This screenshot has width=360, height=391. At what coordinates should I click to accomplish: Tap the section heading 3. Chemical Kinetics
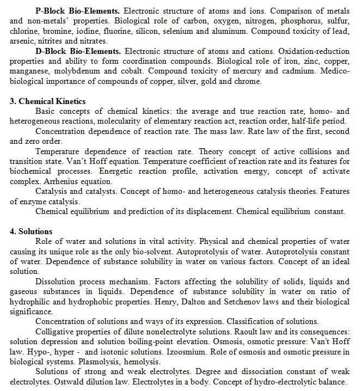(48, 101)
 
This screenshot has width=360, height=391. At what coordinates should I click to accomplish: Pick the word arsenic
(22, 41)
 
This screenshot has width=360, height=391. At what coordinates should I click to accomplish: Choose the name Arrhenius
(56, 181)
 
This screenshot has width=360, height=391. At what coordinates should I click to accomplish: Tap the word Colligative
(55, 332)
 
